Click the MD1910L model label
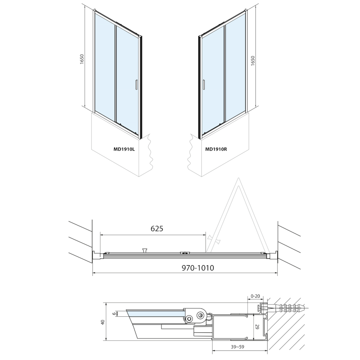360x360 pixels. point(124,149)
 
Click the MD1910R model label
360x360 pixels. point(216,149)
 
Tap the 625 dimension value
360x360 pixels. point(157,228)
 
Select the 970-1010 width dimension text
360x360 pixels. point(198,268)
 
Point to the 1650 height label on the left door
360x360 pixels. point(82,59)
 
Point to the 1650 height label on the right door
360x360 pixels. point(253,61)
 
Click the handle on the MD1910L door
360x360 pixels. point(136,84)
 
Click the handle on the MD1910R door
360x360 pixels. point(204,84)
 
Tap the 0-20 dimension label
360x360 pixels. point(256,296)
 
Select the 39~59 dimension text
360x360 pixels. point(238,347)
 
